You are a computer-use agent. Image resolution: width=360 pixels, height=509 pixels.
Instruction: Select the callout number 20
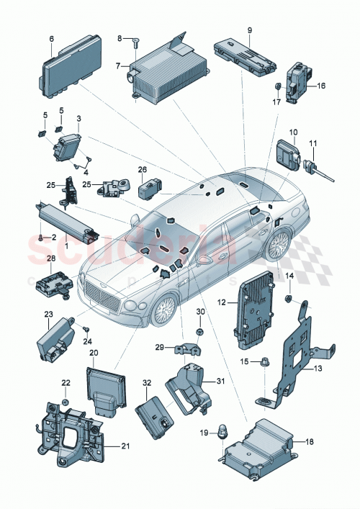[93, 353]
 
